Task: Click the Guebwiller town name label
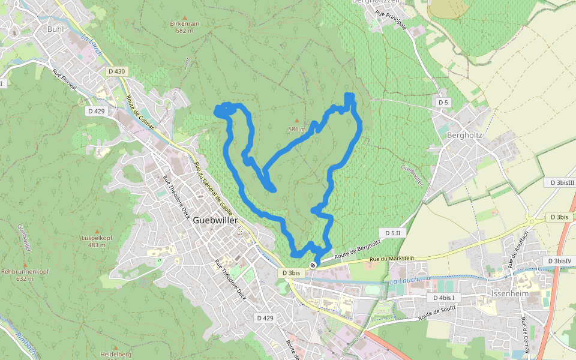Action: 215,220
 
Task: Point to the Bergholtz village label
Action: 465,135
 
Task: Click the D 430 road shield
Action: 117,71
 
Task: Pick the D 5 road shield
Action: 443,103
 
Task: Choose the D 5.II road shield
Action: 393,232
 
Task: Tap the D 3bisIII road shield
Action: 559,182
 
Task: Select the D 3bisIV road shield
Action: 559,261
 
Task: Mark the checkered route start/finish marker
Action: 313,265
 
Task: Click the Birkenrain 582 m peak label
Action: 184,27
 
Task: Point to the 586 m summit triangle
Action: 296,120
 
